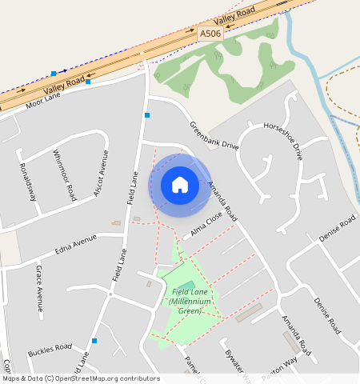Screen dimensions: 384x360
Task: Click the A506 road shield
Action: (x=210, y=34)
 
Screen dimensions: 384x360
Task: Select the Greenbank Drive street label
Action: (x=214, y=135)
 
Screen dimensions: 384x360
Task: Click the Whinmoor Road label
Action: (x=64, y=175)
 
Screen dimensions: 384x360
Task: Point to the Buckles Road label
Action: (x=50, y=350)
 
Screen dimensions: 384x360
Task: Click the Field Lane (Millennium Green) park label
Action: (x=190, y=300)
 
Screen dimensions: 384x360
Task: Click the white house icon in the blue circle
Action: (x=180, y=185)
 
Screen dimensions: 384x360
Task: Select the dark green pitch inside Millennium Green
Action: (x=186, y=286)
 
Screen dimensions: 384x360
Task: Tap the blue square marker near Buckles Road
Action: (x=94, y=341)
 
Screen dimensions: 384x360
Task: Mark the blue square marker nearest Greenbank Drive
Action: (x=147, y=115)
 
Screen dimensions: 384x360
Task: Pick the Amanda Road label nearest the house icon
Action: (x=222, y=200)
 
